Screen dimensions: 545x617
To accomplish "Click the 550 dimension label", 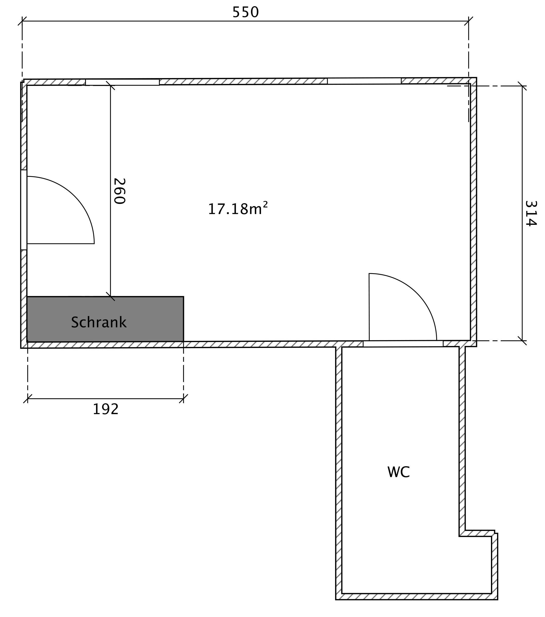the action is (x=245, y=12).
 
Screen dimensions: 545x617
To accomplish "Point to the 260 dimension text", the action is (x=119, y=191).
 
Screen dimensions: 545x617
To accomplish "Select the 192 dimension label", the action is (x=105, y=409).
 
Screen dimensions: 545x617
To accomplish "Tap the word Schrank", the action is (x=99, y=322).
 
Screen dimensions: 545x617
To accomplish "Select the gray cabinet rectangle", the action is (x=105, y=319).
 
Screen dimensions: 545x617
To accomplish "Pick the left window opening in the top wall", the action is (x=122, y=82).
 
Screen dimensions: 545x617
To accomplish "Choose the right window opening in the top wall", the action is (x=364, y=81).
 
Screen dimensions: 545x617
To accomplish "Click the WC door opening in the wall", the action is (x=403, y=344).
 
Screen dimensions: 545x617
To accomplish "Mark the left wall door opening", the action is (x=24, y=210).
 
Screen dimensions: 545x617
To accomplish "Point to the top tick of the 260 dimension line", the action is (x=111, y=85).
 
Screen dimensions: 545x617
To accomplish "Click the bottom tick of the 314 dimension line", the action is (x=522, y=341).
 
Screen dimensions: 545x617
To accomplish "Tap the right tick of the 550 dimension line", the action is (x=469, y=21).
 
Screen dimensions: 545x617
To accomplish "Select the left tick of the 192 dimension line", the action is (x=28, y=399).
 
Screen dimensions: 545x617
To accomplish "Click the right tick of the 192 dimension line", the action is (x=184, y=399).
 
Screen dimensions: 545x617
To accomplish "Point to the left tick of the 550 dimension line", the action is (x=22, y=21).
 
